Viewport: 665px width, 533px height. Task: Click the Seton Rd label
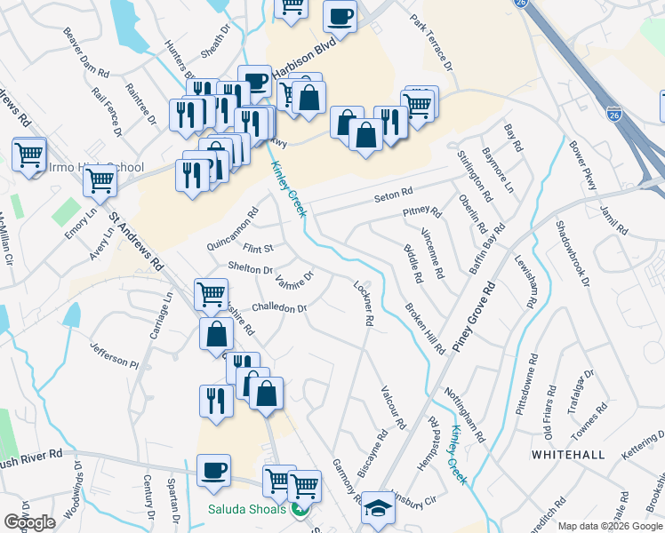394,193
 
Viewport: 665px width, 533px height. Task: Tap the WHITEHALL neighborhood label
568,455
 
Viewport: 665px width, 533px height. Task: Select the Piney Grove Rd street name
473,318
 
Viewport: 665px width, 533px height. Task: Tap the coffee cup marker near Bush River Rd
213,470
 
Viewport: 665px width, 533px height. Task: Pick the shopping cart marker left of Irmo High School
28,155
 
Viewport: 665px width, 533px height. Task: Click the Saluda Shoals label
247,509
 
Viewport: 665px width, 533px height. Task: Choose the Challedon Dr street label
279,308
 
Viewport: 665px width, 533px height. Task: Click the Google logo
29,522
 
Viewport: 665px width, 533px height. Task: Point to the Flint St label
258,248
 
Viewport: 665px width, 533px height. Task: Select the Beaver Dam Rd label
85,52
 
